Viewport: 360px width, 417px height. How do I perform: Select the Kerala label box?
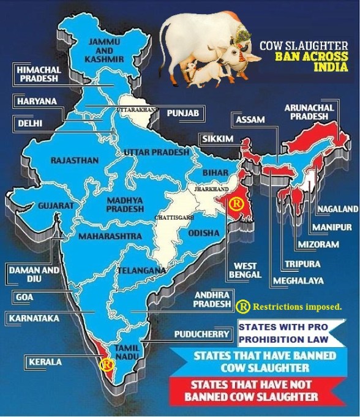pos(44,362)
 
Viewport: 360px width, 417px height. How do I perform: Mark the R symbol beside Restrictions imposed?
pos(242,305)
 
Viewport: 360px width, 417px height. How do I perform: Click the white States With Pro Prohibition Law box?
pos(283,332)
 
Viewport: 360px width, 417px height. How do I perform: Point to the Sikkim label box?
pos(217,140)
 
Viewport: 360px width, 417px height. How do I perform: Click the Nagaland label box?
pos(336,209)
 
